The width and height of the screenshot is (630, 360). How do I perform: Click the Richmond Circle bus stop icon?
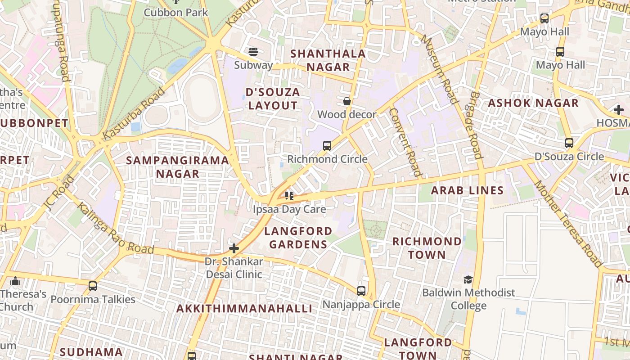point(327,146)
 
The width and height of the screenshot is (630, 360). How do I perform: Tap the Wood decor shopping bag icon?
point(347,101)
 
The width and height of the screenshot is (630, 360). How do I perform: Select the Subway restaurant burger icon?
point(253,51)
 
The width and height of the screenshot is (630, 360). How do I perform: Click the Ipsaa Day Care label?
point(289,209)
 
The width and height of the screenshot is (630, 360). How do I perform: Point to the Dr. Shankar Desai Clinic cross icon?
point(234,248)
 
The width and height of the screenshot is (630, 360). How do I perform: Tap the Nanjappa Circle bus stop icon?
point(361,291)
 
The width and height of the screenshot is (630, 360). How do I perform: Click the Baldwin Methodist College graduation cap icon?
point(468,279)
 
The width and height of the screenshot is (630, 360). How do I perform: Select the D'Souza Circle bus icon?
point(569,143)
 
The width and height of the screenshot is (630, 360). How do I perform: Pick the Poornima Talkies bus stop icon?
point(93,286)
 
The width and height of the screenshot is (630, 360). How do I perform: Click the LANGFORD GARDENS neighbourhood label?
point(298,238)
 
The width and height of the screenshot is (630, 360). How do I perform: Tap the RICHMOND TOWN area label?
point(427,248)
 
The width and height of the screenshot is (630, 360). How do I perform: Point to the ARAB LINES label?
point(468,190)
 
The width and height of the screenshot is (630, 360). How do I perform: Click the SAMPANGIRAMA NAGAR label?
point(177,167)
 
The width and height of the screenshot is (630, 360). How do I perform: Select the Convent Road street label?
point(406,142)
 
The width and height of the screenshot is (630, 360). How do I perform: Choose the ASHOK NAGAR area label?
point(533,103)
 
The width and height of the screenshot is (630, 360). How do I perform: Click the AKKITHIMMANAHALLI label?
point(244,309)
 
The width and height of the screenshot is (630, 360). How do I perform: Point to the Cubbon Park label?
point(176,12)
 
